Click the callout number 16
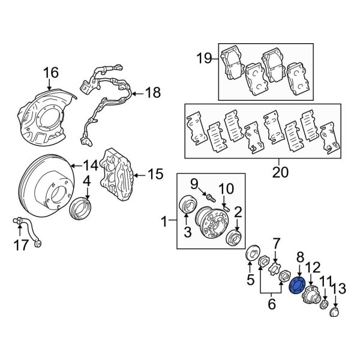(x=51, y=73)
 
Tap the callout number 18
(x=153, y=92)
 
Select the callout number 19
(x=205, y=58)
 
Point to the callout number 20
(x=280, y=173)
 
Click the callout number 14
(x=90, y=164)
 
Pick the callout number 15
(x=155, y=175)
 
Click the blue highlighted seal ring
(x=296, y=286)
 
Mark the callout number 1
(x=164, y=223)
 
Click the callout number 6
(x=271, y=304)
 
